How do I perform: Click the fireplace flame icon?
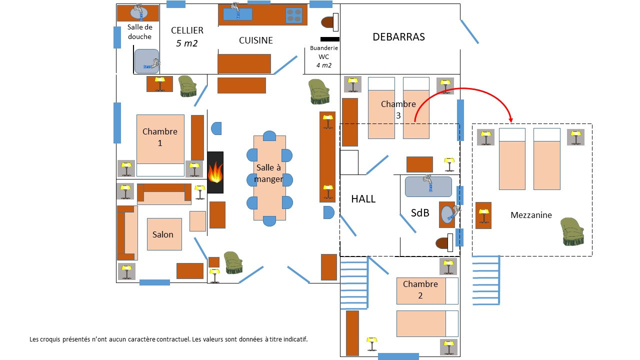point(215,173)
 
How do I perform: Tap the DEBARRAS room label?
point(398,37)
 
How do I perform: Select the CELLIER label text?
point(187,30)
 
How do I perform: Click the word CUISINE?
point(255,40)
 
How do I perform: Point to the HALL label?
point(363,199)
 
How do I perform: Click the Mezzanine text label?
point(531,215)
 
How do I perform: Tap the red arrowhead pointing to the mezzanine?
point(511,119)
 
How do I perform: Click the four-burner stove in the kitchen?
point(294,15)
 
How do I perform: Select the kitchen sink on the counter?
point(237,14)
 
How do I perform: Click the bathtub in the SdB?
point(428,186)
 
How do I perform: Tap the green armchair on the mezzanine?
point(572,231)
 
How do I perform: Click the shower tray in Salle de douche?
point(146,61)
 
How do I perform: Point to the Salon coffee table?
point(164,234)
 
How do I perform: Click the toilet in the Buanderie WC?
point(329,22)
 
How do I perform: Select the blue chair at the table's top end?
point(269,136)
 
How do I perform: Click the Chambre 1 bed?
point(160,145)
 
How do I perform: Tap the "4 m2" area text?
point(323,65)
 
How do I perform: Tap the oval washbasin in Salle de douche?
point(139,12)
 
